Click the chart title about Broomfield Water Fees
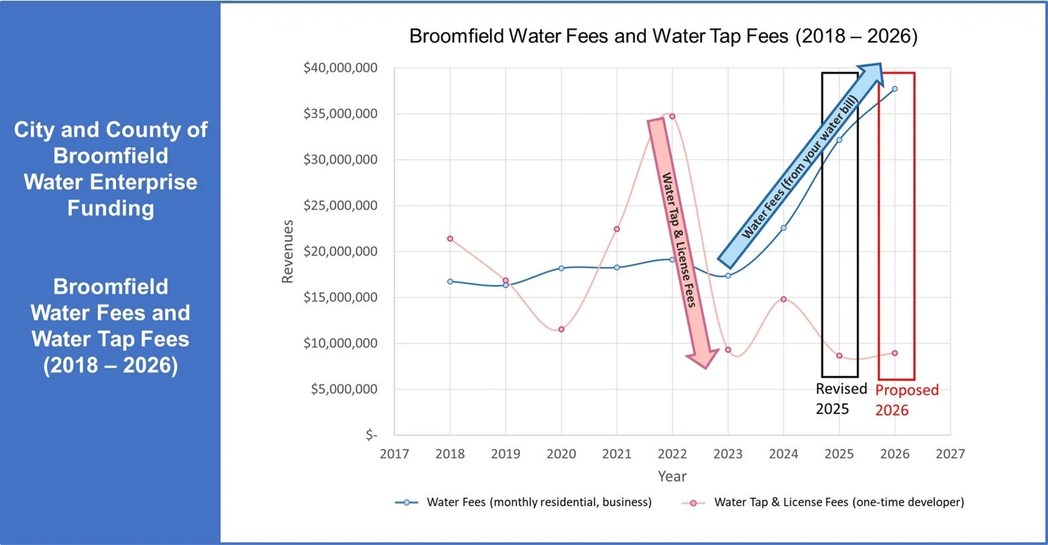(x=663, y=36)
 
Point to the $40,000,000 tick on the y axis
(x=340, y=68)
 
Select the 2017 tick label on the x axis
(x=394, y=454)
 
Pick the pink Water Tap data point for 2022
(x=672, y=116)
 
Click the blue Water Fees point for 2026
(x=894, y=89)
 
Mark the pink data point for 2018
(x=450, y=238)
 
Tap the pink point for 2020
(x=561, y=329)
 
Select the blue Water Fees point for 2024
(x=783, y=228)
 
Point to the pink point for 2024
(x=783, y=299)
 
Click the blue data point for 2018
(x=450, y=281)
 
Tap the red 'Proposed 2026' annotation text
(x=907, y=399)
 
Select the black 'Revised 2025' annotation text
(x=841, y=399)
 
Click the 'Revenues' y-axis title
(x=288, y=251)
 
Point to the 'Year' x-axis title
(x=672, y=476)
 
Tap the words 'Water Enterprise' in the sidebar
(x=111, y=182)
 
